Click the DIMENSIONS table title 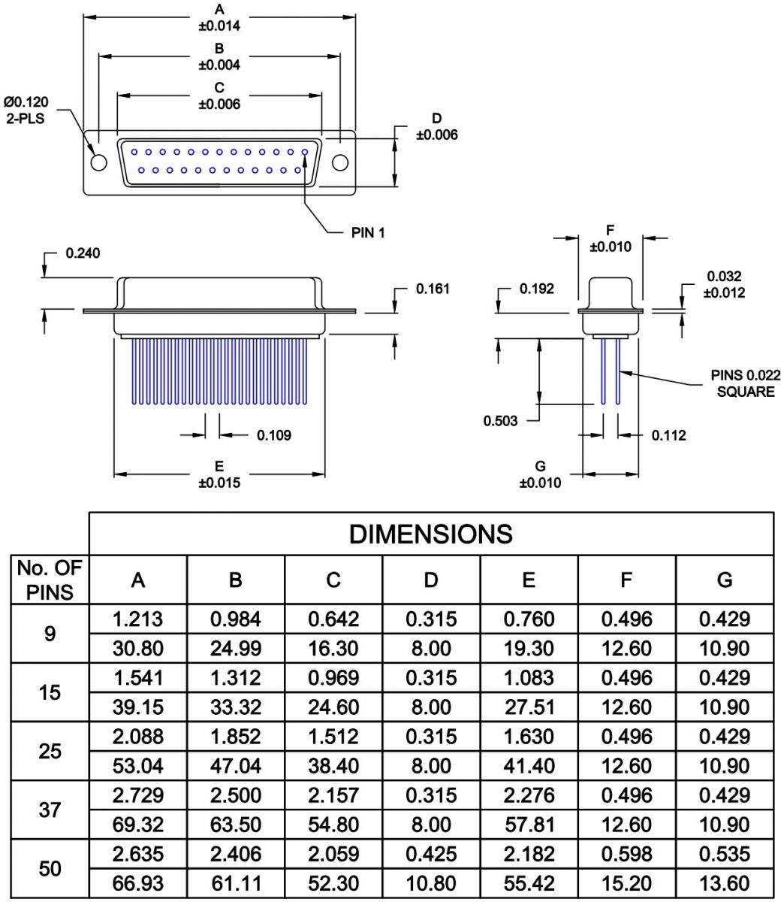(430, 534)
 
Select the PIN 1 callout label (368, 232)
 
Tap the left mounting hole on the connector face (98, 162)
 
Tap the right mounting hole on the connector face (339, 162)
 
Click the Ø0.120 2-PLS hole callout (26, 110)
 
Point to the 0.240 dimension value (83, 253)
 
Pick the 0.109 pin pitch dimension (274, 435)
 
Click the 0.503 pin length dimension (500, 421)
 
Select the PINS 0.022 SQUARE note (745, 383)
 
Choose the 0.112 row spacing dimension (668, 435)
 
